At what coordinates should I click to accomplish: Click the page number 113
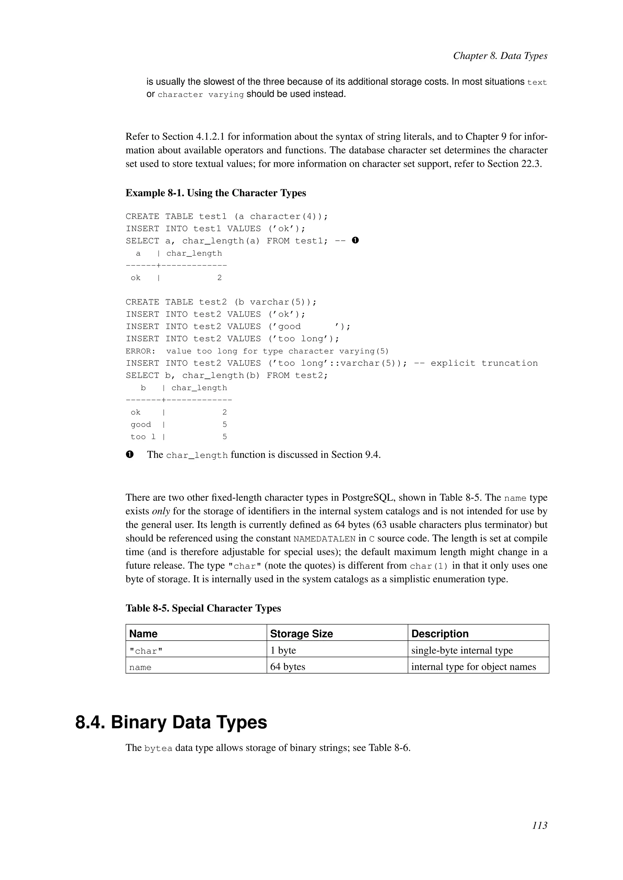[539, 836]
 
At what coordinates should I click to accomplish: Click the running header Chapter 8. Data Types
[500, 56]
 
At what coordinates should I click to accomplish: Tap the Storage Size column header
[301, 634]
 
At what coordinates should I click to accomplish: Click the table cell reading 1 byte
[283, 650]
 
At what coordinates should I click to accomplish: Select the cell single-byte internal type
[462, 650]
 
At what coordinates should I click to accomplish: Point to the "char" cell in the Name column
[146, 651]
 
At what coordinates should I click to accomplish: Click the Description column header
[440, 634]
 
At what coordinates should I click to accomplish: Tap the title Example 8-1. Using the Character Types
[216, 193]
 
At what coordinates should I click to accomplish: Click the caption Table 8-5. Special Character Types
[203, 608]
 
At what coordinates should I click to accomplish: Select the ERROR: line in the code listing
[257, 351]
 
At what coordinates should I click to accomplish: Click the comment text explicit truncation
[484, 363]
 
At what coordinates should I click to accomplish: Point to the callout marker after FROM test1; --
[355, 240]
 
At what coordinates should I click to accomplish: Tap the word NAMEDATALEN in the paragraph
[324, 539]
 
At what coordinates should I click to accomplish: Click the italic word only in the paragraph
[161, 511]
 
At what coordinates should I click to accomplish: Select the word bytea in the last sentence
[158, 748]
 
